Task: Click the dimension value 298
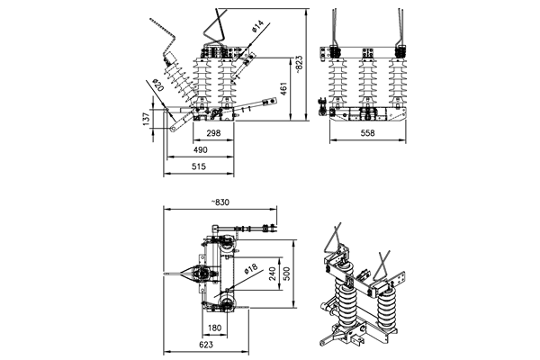(213, 133)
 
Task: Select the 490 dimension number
(201, 150)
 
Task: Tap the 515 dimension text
(199, 166)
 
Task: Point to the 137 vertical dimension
(147, 119)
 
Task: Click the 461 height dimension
(283, 89)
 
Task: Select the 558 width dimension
(367, 133)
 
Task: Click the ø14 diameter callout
(257, 26)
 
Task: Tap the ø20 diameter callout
(158, 85)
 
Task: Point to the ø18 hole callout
(251, 269)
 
